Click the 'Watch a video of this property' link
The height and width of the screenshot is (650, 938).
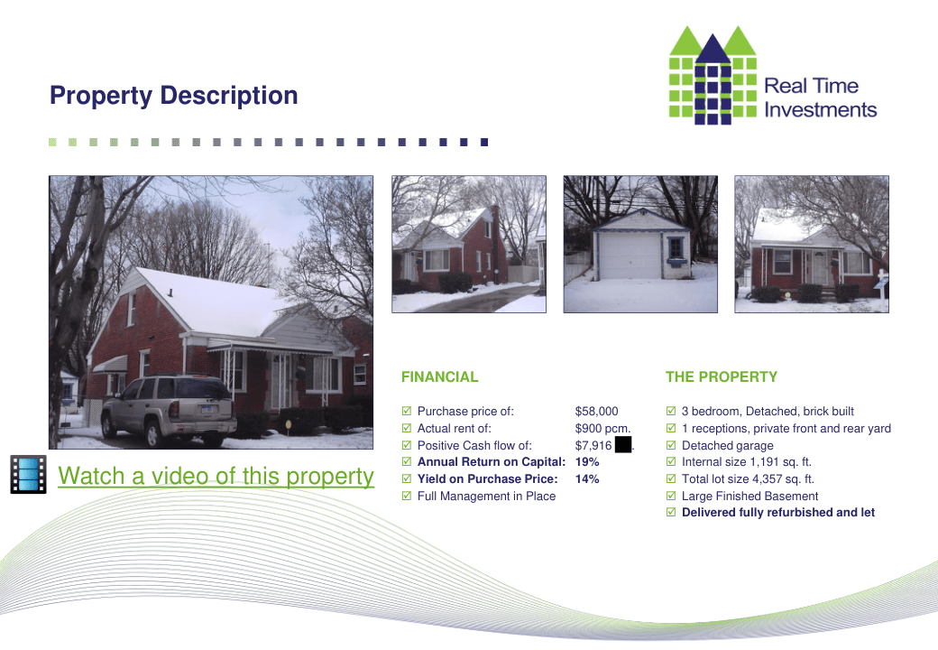[216, 477]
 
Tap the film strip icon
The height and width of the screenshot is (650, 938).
[28, 475]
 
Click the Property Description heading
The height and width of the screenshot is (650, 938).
[173, 96]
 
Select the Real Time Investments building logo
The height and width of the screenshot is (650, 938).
[713, 76]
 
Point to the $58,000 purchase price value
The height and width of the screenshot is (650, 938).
[596, 411]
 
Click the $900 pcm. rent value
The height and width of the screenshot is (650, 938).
[602, 429]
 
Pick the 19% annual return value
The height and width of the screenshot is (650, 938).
[587, 462]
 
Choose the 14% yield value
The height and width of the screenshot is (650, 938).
[587, 478]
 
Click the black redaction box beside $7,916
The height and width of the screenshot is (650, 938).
[622, 445]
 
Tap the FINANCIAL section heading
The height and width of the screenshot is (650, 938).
[440, 377]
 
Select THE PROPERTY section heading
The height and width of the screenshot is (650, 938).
[722, 377]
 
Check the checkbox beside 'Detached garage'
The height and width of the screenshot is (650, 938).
[671, 445]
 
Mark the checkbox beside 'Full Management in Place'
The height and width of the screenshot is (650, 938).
[407, 496]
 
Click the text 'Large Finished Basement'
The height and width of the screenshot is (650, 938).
[749, 497]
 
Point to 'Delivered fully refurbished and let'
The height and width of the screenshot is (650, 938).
[778, 513]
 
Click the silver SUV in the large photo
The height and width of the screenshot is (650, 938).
[169, 410]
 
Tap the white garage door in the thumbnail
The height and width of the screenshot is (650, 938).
[630, 255]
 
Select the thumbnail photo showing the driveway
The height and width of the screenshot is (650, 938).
[469, 244]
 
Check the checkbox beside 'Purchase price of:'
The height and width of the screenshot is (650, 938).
[407, 411]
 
